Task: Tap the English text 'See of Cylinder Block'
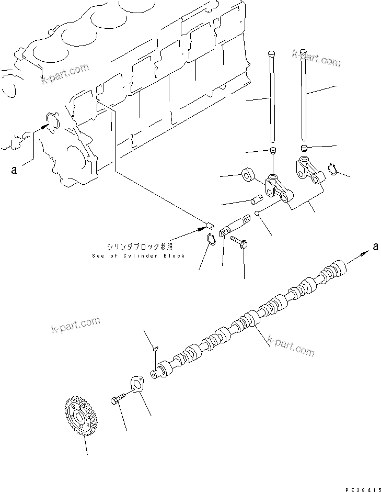[137, 255]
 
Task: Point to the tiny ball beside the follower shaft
[259, 213]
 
